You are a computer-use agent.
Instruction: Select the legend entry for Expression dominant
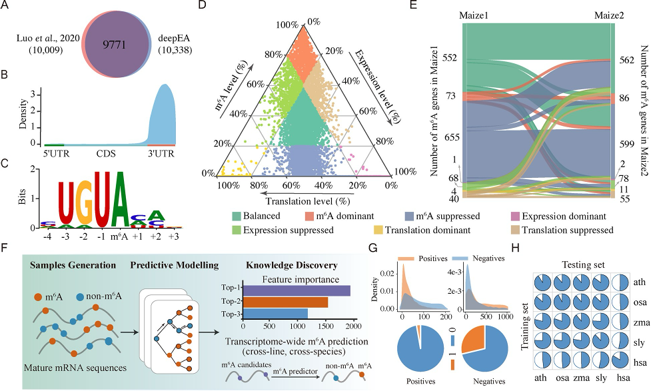tap(565, 216)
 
